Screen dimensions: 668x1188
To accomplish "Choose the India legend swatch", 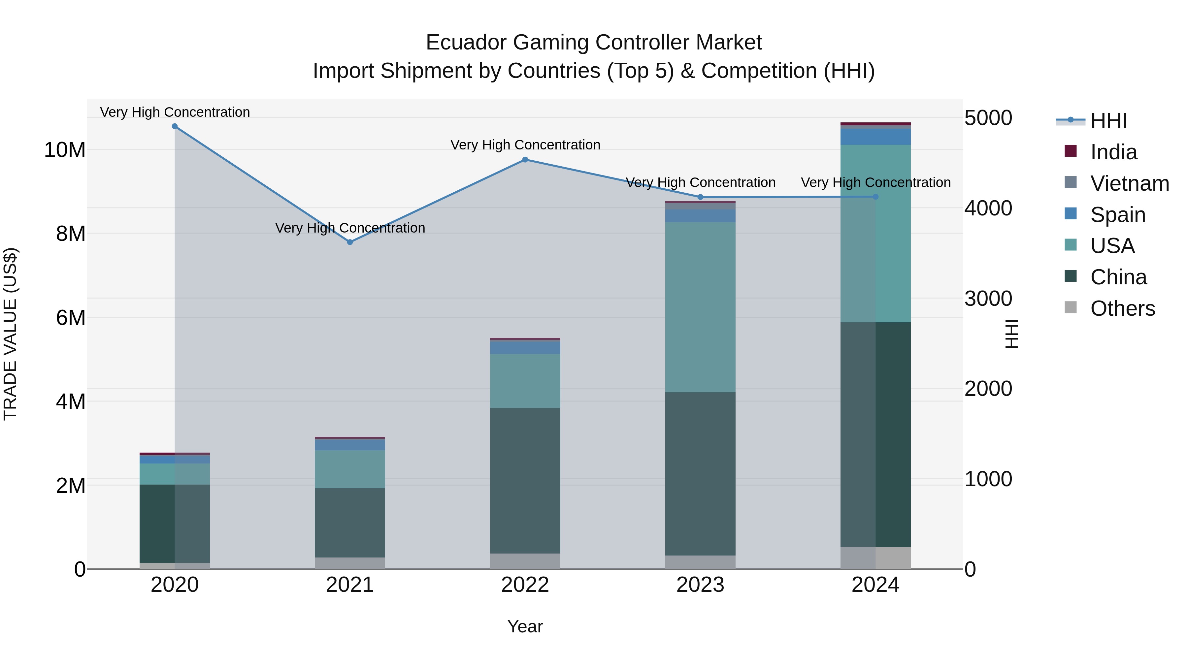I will pos(1071,151).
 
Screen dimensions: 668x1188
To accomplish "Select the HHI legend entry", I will pos(1109,121).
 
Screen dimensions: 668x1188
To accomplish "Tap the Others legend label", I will pos(1123,308).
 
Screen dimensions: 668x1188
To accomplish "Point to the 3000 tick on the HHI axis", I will pos(988,299).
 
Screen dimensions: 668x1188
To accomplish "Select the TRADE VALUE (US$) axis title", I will pos(11,334).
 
